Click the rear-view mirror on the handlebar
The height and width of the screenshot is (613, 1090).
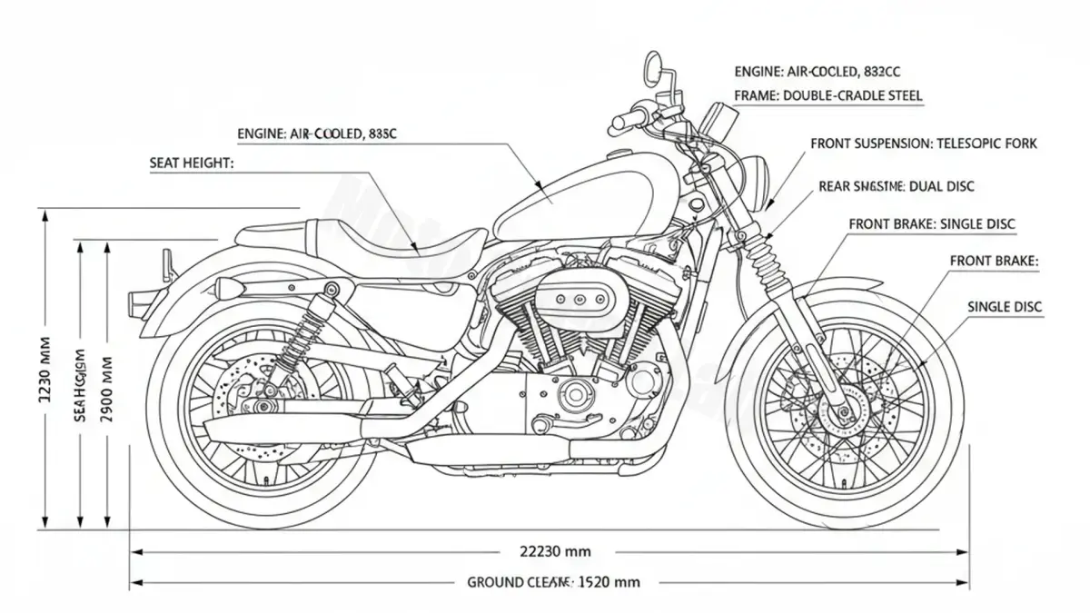coord(653,64)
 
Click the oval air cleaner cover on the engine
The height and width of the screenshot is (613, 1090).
coord(575,297)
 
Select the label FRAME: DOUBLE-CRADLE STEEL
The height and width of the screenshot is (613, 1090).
coord(827,95)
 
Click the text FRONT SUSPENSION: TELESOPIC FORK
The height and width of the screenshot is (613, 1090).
coord(923,143)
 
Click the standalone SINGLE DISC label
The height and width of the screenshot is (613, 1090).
coord(1005,307)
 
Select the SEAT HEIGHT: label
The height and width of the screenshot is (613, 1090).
coord(191,163)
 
